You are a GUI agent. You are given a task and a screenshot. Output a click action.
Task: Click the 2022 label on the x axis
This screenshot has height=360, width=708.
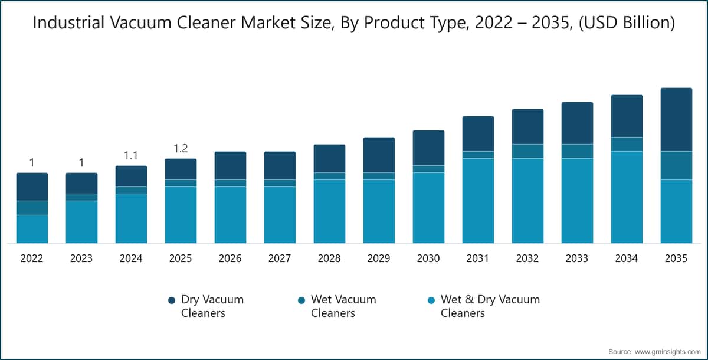[32, 258]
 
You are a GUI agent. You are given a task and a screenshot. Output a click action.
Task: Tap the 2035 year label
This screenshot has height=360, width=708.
[676, 258]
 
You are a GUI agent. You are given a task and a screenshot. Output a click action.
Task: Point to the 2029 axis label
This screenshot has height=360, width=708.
[379, 258]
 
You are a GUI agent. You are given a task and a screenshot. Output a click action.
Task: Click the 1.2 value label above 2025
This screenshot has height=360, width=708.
[181, 148]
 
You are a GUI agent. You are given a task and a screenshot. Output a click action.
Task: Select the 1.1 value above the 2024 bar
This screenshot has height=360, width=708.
[131, 155]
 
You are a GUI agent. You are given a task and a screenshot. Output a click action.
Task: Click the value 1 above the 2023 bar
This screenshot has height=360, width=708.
[81, 162]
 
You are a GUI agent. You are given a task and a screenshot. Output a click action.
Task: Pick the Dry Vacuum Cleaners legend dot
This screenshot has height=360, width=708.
[172, 300]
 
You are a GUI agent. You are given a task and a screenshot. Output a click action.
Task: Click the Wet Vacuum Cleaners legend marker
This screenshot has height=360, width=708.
[301, 300]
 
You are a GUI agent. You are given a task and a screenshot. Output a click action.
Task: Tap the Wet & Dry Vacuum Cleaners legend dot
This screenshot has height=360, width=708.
[431, 300]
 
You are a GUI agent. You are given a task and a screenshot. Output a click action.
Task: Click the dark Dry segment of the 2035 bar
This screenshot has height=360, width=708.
[676, 120]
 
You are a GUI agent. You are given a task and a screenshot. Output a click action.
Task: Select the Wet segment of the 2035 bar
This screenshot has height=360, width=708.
[676, 166]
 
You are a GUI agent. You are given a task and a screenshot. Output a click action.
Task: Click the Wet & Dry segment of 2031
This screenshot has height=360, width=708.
[478, 201]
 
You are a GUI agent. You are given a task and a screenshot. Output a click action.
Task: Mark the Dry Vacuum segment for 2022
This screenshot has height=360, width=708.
[32, 187]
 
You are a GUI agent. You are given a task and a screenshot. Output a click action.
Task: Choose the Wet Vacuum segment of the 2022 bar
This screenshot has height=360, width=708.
[32, 208]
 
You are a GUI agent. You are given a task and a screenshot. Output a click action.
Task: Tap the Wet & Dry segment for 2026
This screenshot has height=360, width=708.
[231, 215]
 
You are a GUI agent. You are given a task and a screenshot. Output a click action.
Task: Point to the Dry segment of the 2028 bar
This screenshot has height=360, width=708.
[330, 158]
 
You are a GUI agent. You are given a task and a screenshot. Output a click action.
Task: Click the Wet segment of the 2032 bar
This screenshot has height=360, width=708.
[528, 152]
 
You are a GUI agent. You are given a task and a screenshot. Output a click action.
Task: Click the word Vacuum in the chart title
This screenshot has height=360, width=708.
[140, 23]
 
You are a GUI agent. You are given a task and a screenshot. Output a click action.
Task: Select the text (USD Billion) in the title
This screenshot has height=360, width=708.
[627, 23]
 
